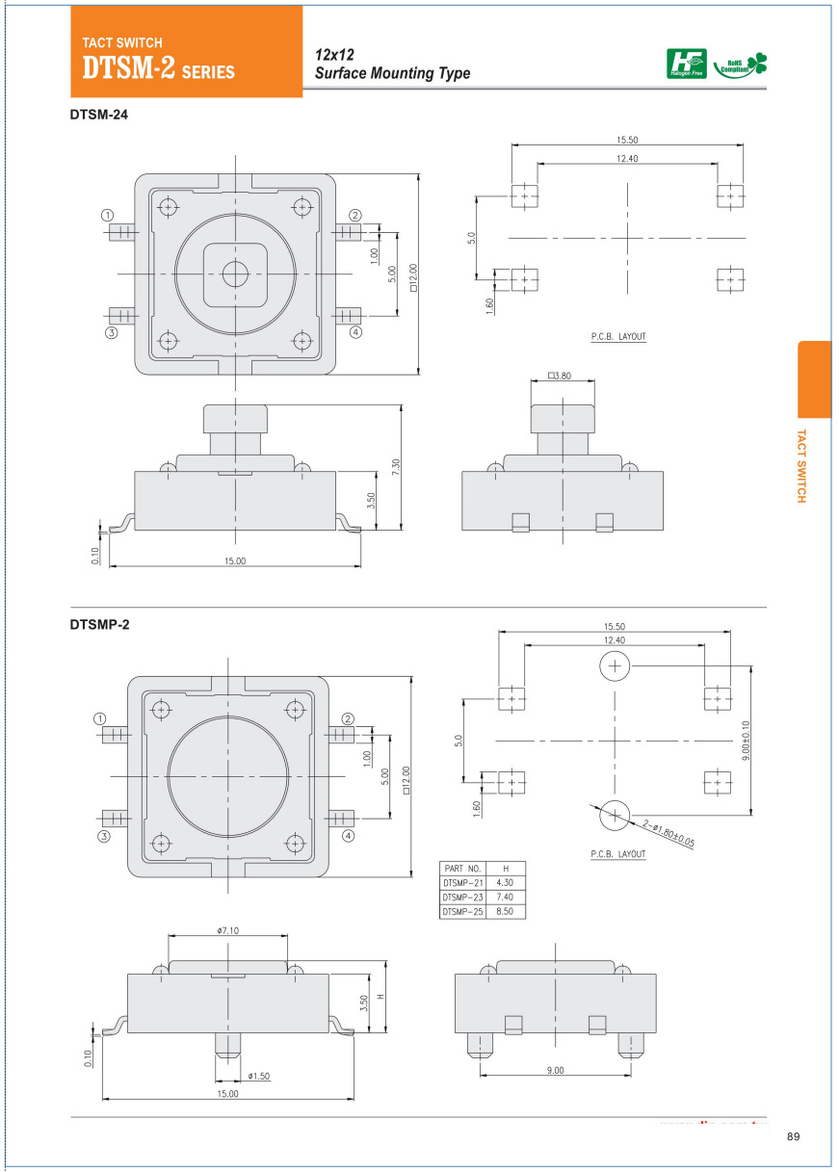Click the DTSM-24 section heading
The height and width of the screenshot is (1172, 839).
coord(99,115)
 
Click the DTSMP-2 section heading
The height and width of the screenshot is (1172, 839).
coord(99,625)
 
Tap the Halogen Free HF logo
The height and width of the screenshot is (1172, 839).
coord(687,64)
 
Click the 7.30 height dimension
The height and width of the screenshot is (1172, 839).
coord(396,466)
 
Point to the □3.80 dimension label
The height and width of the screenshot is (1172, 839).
coord(559,376)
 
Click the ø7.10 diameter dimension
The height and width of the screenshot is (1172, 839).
coord(227,930)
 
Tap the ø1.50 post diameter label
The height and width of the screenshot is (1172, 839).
coord(257,1075)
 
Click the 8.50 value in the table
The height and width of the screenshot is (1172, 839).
coord(504,910)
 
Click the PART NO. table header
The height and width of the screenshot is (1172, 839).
coord(461,868)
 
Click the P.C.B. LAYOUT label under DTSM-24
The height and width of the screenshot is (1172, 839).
coord(618,337)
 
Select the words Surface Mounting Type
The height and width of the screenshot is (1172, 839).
coord(393,74)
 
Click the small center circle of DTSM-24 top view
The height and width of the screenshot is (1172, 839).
coord(234,273)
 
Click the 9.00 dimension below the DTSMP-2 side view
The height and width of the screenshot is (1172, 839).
coord(556,1071)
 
